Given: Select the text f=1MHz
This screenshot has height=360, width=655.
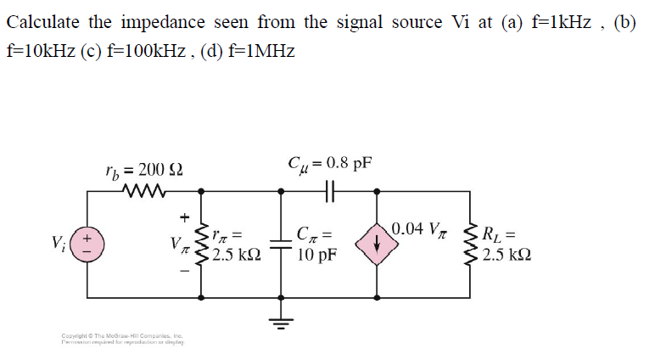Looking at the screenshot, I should pyautogui.click(x=257, y=51).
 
